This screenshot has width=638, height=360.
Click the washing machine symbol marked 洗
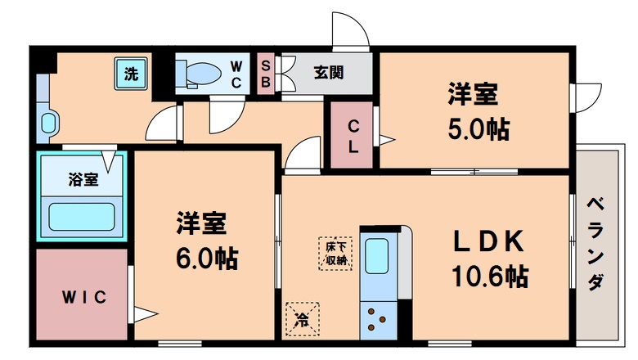(130, 74)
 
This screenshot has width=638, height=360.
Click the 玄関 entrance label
(326, 73)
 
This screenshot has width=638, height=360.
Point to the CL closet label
(353, 137)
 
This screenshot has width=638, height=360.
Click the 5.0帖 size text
(478, 129)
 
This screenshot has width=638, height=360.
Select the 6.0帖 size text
(206, 258)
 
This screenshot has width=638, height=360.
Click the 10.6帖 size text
(489, 276)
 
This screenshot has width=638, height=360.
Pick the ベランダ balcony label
(596, 243)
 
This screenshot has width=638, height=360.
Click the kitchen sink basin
(377, 256)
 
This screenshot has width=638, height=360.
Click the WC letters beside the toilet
(236, 74)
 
